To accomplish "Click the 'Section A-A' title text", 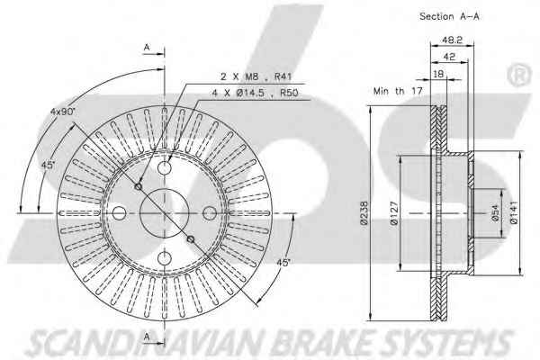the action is (x=449, y=16).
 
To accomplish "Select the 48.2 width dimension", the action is (x=452, y=40).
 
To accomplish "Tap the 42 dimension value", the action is (x=449, y=57).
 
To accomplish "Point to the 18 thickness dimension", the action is (x=438, y=74).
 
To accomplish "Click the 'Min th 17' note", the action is (x=398, y=91).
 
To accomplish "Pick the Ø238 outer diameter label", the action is (x=364, y=212).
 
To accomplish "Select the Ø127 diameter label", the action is (x=394, y=213).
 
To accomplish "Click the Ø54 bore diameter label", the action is (x=495, y=213).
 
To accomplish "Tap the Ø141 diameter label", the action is (x=514, y=212).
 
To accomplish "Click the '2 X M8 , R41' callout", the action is (x=256, y=76).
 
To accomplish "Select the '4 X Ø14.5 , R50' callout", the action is (x=255, y=93).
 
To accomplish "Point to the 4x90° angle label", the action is (x=63, y=112).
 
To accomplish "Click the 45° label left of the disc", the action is (x=49, y=165).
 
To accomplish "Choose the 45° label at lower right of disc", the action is (x=283, y=263).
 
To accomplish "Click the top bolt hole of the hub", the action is (x=165, y=167).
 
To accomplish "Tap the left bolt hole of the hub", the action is (x=119, y=213).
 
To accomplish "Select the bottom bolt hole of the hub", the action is (x=165, y=258).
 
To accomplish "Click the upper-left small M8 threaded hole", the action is (x=138, y=186).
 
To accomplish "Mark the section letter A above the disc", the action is (x=147, y=47).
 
